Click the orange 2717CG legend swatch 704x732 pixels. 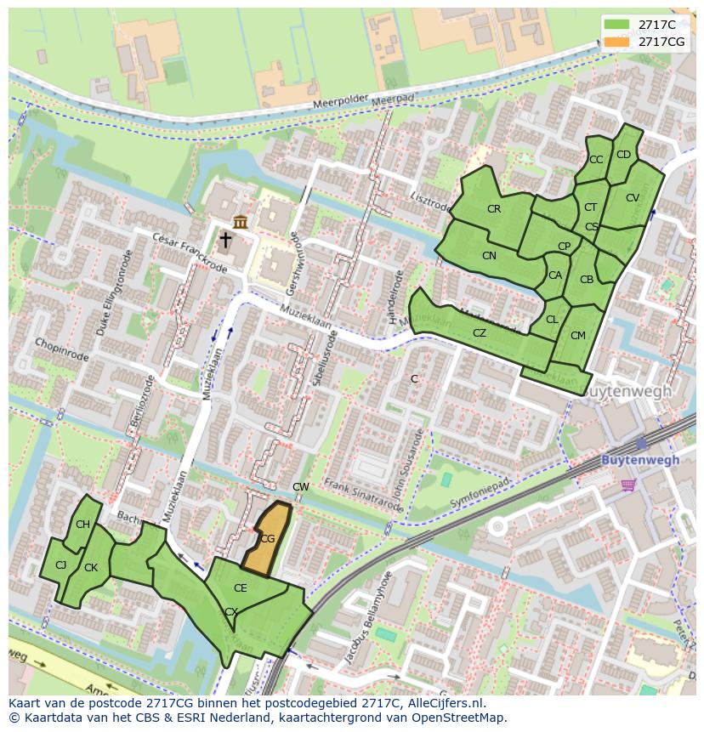point(619,42)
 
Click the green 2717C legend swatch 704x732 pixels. point(619,25)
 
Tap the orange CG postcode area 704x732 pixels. point(267,538)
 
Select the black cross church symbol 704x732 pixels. point(225,241)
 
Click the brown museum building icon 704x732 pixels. point(241,222)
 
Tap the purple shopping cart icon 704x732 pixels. point(628,485)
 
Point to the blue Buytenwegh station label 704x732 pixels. point(640,460)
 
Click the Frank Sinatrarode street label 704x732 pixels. point(363,496)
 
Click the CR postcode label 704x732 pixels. point(494,209)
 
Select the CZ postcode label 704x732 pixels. point(480,333)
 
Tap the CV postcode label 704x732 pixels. point(632,198)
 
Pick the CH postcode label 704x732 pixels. point(82,525)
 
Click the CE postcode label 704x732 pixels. point(241,588)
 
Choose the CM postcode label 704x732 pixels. point(578,336)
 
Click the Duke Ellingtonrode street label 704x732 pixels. point(115,292)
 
